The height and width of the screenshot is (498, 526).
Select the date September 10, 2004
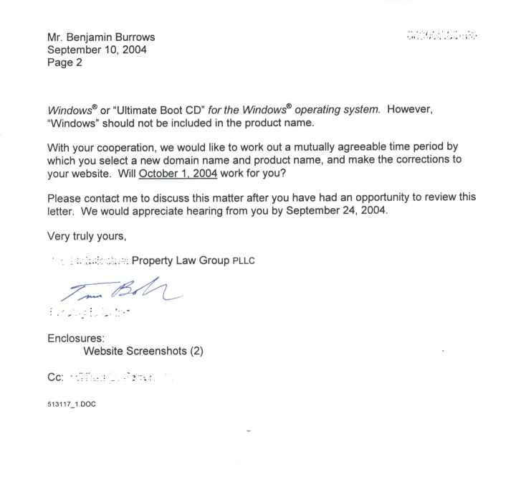(x=97, y=50)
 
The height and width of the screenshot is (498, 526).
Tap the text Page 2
(x=64, y=62)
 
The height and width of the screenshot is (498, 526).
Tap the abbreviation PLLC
(x=239, y=260)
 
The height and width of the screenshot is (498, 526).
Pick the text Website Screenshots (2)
(x=143, y=352)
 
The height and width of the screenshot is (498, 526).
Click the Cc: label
(x=56, y=376)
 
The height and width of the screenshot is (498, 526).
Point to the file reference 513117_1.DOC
(x=72, y=404)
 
